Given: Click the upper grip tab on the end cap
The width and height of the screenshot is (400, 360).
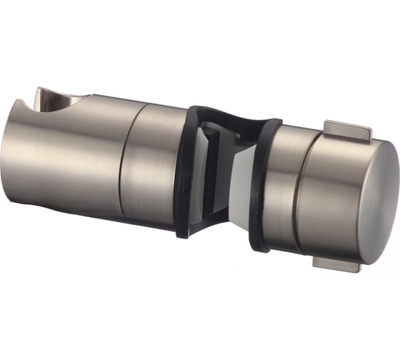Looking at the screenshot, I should pos(347,131).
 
